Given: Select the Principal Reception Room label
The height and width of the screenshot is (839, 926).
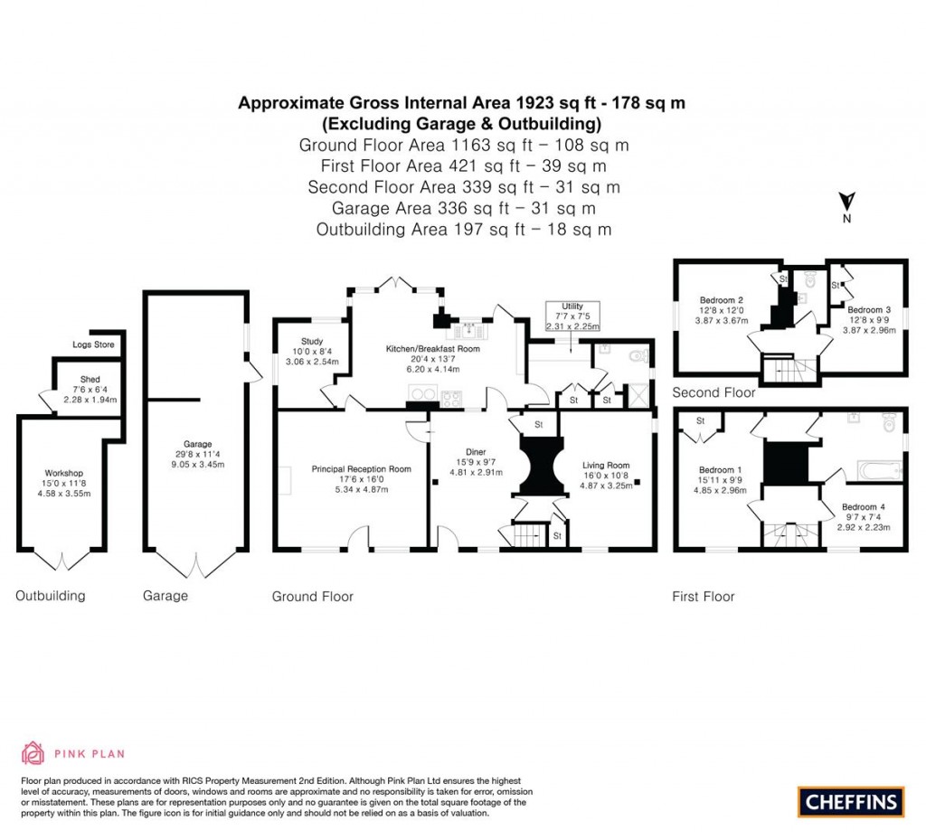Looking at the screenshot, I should [361, 469].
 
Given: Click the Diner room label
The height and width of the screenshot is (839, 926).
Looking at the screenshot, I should [476, 452].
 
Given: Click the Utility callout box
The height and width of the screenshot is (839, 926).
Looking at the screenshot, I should [572, 316].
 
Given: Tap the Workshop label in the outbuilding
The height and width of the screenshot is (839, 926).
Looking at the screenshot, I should [63, 473].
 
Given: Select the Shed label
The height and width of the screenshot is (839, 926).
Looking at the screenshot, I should [89, 380].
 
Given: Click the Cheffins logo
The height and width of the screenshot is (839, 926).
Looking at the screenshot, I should [851, 801].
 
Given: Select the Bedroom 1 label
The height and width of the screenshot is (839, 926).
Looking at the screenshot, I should [721, 470].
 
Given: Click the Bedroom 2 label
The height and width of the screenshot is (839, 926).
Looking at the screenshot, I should [722, 300].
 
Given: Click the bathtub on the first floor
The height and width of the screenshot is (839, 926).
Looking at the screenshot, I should [876, 468].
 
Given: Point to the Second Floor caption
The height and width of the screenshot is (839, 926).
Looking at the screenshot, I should [713, 392].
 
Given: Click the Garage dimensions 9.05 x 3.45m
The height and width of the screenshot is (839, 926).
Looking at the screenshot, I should [198, 464].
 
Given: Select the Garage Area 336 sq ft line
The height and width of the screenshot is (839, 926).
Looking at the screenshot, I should [463, 208].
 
